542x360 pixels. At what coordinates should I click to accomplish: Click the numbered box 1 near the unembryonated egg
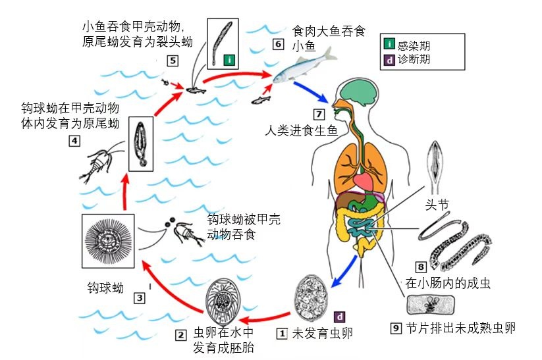(282, 334)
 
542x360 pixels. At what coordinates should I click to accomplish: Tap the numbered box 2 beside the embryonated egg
(180, 334)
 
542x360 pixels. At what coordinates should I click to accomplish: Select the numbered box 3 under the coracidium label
(139, 297)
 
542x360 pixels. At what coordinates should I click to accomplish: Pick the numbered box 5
(172, 61)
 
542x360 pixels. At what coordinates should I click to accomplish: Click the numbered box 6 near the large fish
(278, 44)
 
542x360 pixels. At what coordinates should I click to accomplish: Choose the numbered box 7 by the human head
(319, 113)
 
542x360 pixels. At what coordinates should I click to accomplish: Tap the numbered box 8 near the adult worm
(420, 267)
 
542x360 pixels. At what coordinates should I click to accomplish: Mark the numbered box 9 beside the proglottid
(396, 328)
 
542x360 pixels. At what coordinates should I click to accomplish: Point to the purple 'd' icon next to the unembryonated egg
(340, 316)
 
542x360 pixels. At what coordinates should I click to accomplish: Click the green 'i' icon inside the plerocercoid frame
(229, 59)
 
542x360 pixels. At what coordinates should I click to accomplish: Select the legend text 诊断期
(416, 59)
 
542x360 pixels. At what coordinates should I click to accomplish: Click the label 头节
(438, 205)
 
